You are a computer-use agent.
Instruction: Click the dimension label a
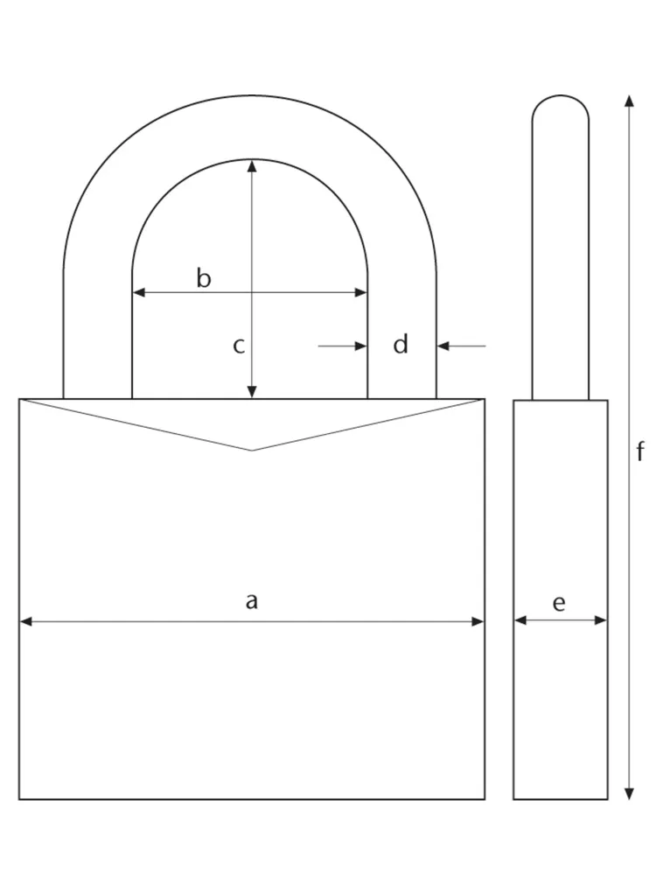pyautogui.click(x=252, y=601)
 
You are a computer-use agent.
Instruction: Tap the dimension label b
pyautogui.click(x=203, y=279)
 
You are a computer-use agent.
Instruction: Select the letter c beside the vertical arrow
pyautogui.click(x=239, y=346)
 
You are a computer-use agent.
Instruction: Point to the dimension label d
pyautogui.click(x=401, y=345)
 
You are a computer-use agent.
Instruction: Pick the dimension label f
pyautogui.click(x=640, y=451)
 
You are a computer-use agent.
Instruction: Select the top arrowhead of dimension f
pyautogui.click(x=628, y=100)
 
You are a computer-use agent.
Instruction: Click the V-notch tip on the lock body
pyautogui.click(x=252, y=450)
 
